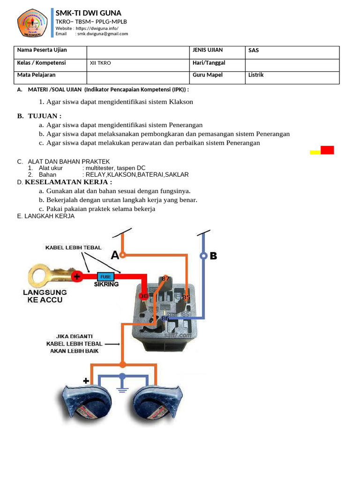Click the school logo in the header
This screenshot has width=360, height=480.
click(32, 23)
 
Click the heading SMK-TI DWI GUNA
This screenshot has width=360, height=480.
click(89, 13)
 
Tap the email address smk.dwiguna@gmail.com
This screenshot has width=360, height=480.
click(103, 34)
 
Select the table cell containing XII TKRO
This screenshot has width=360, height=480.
click(100, 63)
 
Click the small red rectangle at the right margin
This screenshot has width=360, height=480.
click(327, 150)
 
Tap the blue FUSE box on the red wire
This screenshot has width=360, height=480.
click(105, 277)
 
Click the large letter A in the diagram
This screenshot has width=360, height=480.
click(115, 255)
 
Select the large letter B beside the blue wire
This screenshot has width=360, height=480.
click(213, 256)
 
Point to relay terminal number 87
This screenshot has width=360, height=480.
click(165, 278)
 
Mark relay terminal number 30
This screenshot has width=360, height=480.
click(143, 296)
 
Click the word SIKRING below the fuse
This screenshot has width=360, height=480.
click(106, 285)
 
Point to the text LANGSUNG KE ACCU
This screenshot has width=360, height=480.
click(45, 296)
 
